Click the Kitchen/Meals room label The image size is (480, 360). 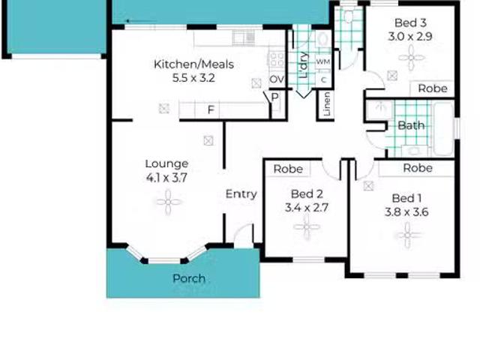tap(193, 64)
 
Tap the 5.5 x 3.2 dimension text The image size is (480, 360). tap(193, 78)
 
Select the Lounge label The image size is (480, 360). tap(166, 163)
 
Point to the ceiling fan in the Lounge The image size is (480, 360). tap(168, 202)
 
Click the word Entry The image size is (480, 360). tap(241, 194)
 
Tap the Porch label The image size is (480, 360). tap(189, 278)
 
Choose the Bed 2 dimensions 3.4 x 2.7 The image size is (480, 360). tap(307, 208)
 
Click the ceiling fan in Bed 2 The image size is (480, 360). tap(307, 227)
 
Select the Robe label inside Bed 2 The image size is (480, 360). tap(288, 169)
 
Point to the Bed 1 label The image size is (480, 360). tap(406, 198)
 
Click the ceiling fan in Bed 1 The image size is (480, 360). tap(407, 235)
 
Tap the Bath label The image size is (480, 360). tap(411, 125)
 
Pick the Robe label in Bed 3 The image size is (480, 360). tap(433, 88)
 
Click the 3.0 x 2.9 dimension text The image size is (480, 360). tap(410, 37)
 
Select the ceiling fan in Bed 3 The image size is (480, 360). tap(412, 58)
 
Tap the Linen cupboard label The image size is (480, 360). tap(327, 104)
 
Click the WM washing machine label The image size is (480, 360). tap(323, 62)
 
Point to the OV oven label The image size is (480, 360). tap(277, 79)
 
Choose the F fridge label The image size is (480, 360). tap(211, 109)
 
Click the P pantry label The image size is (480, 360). tap(275, 97)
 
